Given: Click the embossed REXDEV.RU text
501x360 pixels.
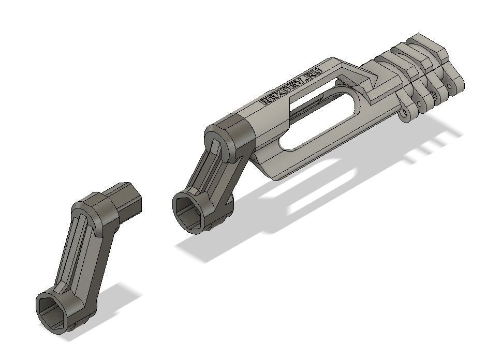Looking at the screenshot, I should click(x=292, y=86).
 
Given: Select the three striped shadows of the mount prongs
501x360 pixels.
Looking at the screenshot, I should click(x=430, y=147).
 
